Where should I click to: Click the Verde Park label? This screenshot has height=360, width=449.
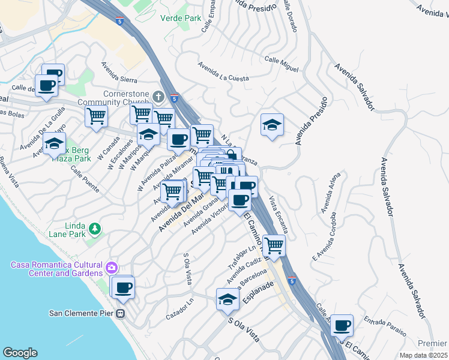click(x=181, y=18)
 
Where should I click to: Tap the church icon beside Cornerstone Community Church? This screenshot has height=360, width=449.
click(x=158, y=96)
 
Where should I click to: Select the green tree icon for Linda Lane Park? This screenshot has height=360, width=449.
click(x=94, y=229)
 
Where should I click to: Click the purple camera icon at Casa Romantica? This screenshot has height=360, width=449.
click(x=112, y=266)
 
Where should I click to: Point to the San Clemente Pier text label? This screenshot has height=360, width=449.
click(x=82, y=313)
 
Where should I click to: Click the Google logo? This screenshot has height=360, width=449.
click(x=20, y=353)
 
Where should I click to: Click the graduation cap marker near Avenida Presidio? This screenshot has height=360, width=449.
click(x=272, y=125)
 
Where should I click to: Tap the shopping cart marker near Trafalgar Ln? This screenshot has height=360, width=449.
click(x=273, y=245)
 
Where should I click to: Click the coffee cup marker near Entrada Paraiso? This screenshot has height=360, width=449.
click(x=342, y=325)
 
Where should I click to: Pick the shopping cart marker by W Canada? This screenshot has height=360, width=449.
click(x=96, y=115)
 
